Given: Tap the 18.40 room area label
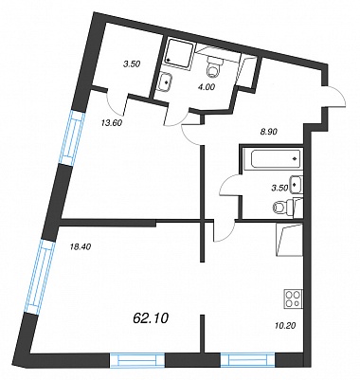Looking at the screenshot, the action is click(80, 247).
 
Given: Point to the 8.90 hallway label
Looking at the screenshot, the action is click(268, 133).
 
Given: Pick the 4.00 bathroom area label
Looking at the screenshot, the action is click(206, 88).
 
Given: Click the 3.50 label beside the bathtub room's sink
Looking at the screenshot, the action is click(280, 189).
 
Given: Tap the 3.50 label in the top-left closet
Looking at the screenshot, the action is click(131, 64).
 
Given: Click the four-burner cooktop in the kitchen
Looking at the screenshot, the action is click(294, 299).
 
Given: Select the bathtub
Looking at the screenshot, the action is click(273, 158).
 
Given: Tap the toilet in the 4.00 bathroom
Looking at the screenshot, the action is click(214, 66).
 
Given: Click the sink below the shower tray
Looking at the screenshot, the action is click(165, 81).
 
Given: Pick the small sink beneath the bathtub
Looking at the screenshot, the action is click(297, 184).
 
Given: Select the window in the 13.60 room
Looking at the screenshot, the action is click(73, 137).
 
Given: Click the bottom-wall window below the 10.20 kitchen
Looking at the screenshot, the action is click(247, 360).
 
